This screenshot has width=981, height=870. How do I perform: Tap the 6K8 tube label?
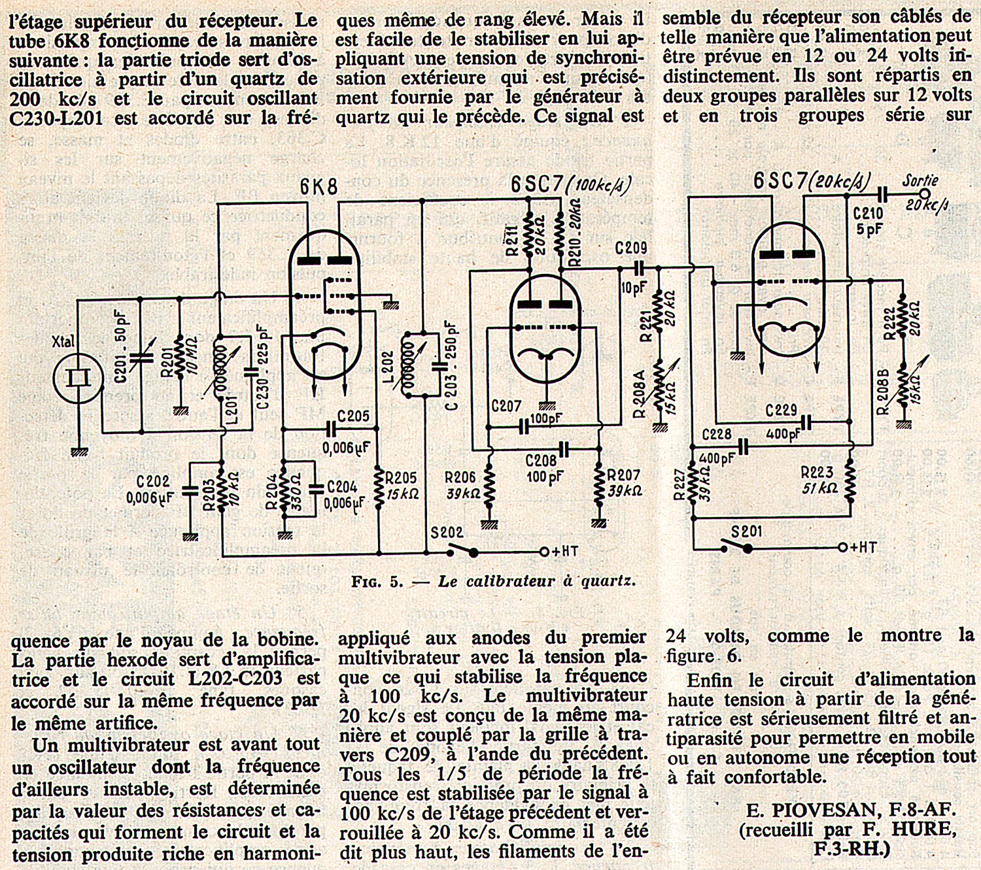pyautogui.click(x=318, y=187)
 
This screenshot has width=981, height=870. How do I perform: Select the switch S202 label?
pyautogui.click(x=447, y=533)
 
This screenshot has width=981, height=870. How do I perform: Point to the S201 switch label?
pyautogui.click(x=746, y=531)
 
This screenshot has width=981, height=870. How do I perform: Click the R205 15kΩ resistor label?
pyautogui.click(x=401, y=486)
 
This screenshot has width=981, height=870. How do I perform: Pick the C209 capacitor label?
pyautogui.click(x=631, y=248)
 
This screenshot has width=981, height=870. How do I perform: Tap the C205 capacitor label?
pyautogui.click(x=353, y=416)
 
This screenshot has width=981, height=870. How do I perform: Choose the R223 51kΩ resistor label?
pyautogui.click(x=818, y=480)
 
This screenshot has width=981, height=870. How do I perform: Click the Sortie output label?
pyautogui.click(x=920, y=180)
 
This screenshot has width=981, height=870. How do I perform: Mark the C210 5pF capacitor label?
pyautogui.click(x=868, y=221)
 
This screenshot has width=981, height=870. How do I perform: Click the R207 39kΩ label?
pyautogui.click(x=624, y=482)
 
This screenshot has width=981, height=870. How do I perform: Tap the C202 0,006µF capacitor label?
pyautogui.click(x=150, y=490)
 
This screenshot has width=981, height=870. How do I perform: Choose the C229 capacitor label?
pyautogui.click(x=781, y=410)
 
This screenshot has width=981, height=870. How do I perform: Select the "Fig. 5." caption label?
pyautogui.click(x=377, y=581)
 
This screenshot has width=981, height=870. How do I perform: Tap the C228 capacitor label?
pyautogui.click(x=716, y=435)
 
